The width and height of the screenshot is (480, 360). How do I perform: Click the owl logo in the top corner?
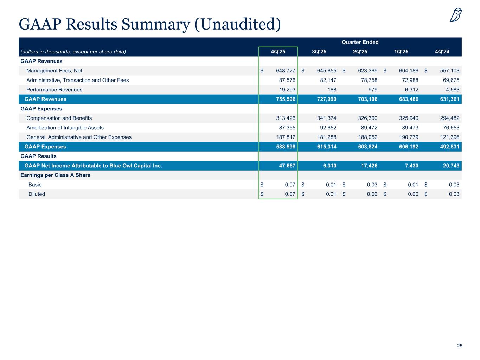click(456, 15)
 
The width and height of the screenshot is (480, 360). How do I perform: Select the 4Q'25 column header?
click(278, 52)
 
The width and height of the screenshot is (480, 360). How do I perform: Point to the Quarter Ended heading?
click(360, 42)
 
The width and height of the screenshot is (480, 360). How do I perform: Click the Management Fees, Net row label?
click(54, 71)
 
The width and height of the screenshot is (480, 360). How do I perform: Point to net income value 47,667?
click(287, 166)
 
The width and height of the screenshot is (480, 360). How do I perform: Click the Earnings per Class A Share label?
click(55, 175)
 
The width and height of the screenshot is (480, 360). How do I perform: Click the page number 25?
click(460, 346)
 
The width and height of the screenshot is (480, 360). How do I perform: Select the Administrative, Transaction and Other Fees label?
click(77, 80)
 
